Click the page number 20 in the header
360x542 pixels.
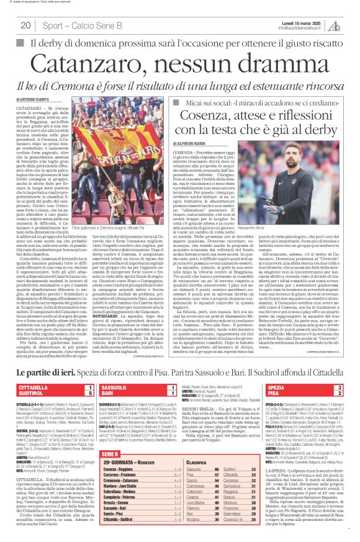(25, 25)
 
